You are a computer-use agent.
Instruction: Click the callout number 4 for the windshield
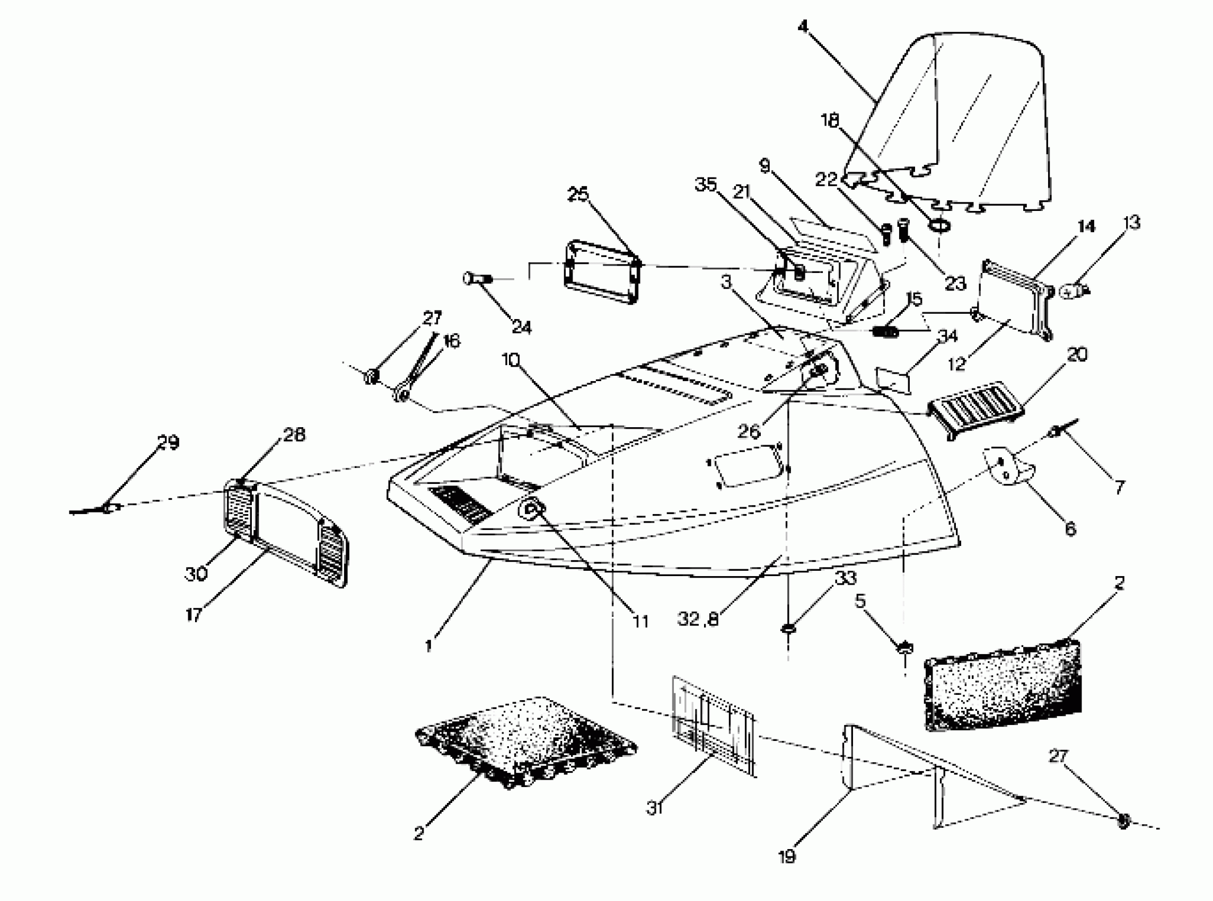click(803, 26)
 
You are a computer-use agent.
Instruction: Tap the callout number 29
click(168, 442)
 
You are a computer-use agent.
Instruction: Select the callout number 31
click(655, 808)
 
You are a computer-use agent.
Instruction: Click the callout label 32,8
click(698, 619)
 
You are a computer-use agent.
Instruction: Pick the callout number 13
click(1132, 223)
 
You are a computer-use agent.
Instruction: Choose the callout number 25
click(578, 193)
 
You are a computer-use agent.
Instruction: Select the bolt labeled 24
click(477, 279)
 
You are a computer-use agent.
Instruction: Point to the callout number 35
click(706, 185)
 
